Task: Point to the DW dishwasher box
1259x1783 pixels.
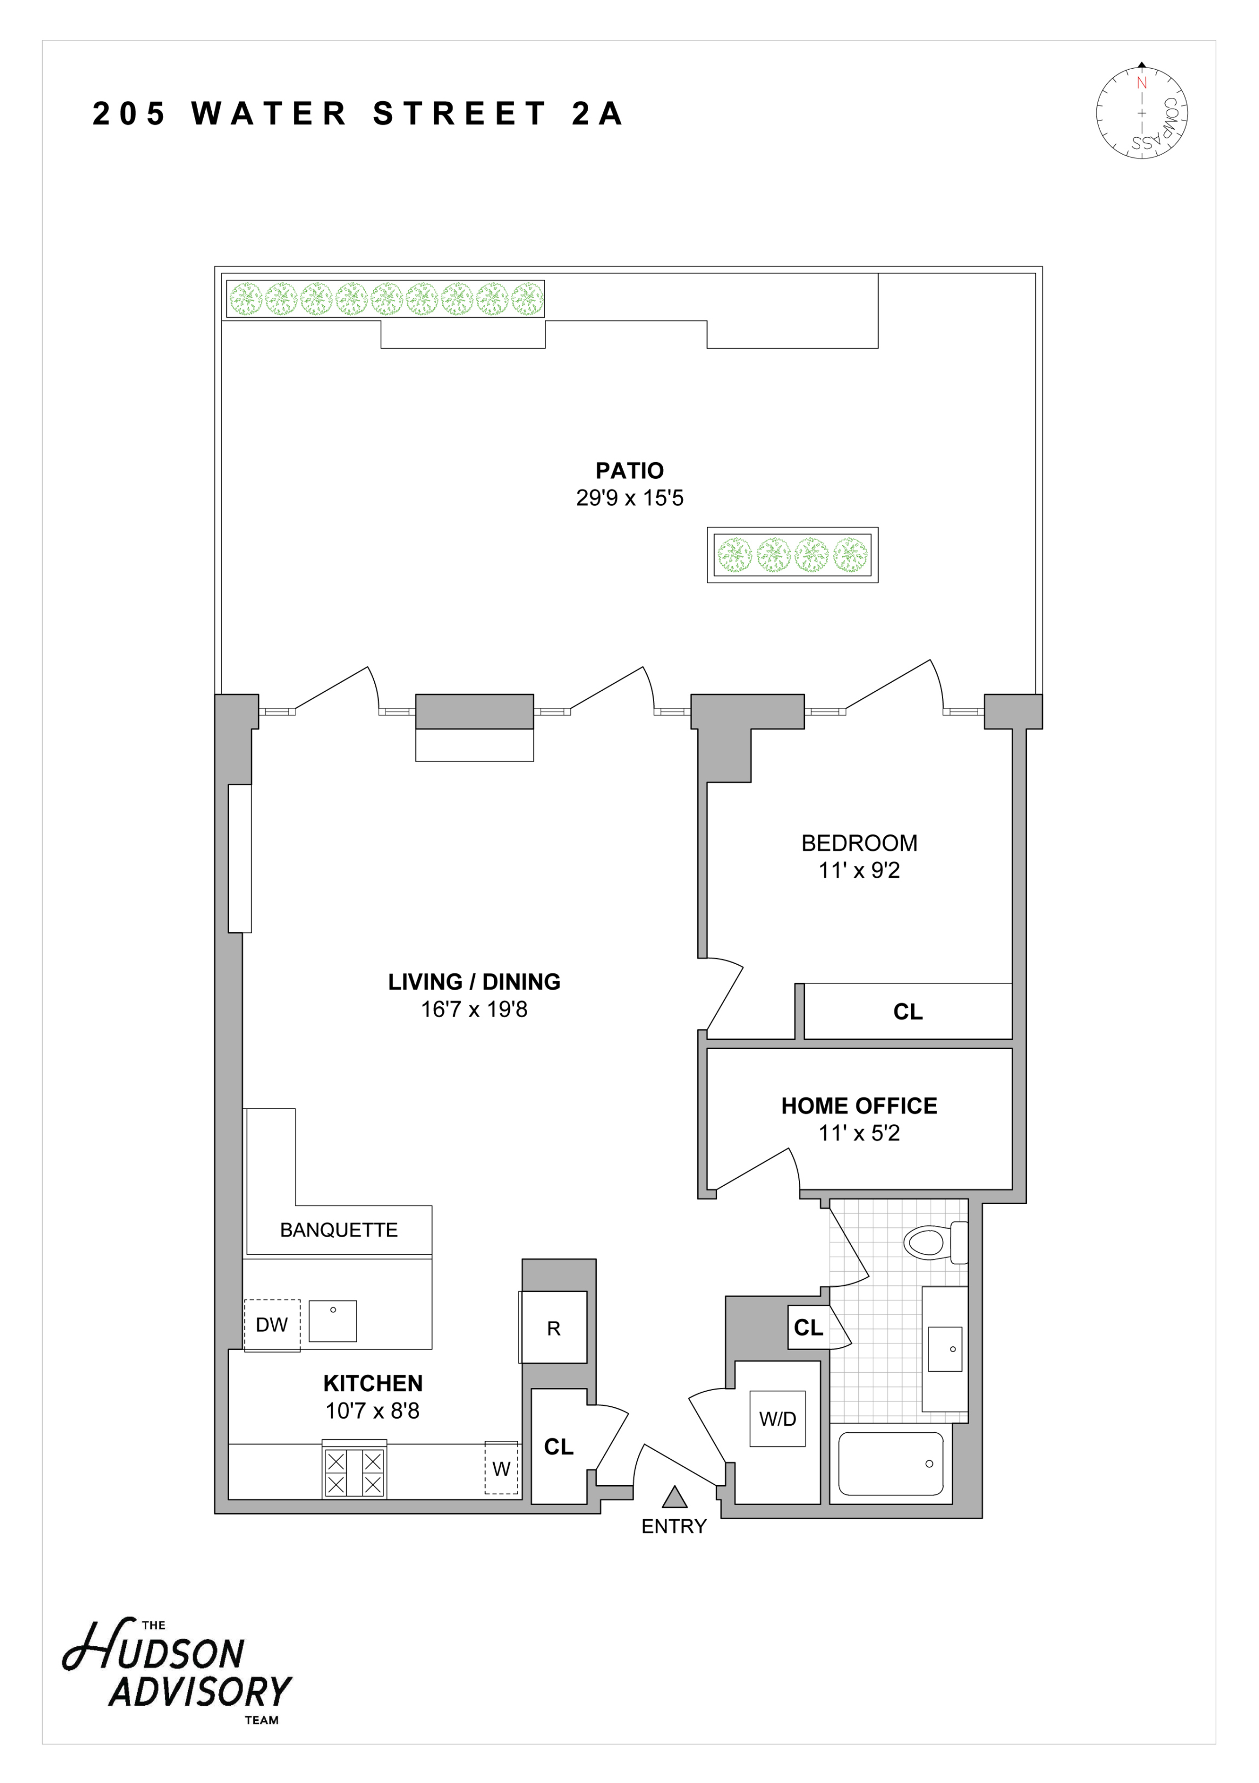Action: tap(272, 1325)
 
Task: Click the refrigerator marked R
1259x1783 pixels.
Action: tap(554, 1328)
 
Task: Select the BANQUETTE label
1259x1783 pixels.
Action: tap(339, 1230)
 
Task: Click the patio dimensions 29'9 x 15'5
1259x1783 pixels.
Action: tap(630, 498)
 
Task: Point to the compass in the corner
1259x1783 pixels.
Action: tap(1141, 112)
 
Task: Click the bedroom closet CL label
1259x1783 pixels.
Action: tap(907, 1012)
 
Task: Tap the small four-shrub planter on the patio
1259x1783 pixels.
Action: tap(792, 555)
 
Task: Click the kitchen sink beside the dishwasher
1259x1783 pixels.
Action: tap(332, 1321)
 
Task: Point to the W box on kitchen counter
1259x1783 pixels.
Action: tap(501, 1468)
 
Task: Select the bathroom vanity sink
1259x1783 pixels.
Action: tap(945, 1349)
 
